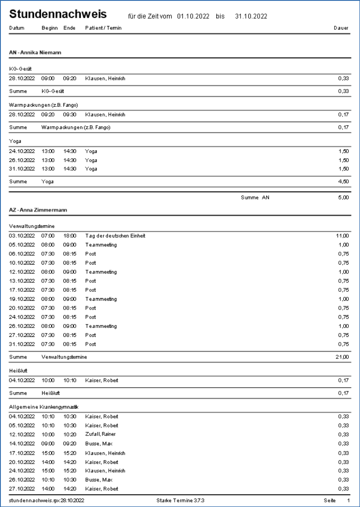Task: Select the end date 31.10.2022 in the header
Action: [251, 17]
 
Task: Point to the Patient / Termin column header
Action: [105, 28]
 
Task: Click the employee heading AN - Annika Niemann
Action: [36, 53]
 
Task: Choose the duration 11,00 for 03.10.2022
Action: [342, 236]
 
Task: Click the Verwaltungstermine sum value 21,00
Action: [342, 357]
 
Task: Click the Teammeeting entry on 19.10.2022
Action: [101, 299]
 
